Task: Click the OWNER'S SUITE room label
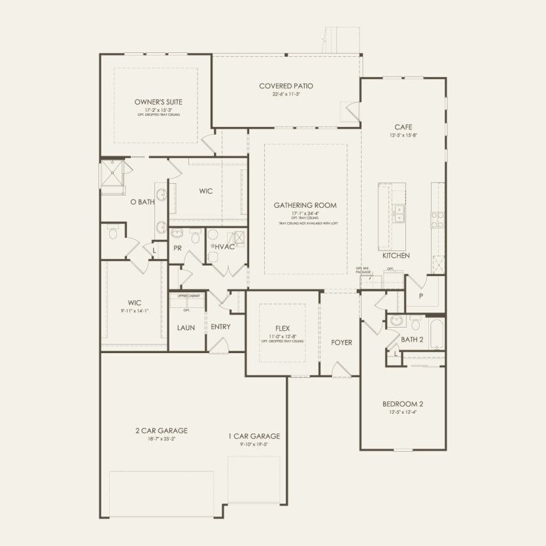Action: (158, 102)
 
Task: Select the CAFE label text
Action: (403, 127)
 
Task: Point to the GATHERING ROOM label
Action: (305, 205)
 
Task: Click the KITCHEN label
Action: (396, 256)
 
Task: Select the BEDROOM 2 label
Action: (403, 404)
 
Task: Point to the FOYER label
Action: (341, 343)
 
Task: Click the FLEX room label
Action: (282, 328)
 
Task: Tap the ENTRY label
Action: (220, 327)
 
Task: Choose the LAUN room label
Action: (186, 327)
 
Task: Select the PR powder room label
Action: (177, 248)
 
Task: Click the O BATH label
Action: (142, 202)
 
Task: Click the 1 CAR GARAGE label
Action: (254, 436)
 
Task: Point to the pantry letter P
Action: (420, 296)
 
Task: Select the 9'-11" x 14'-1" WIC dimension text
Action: (135, 311)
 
